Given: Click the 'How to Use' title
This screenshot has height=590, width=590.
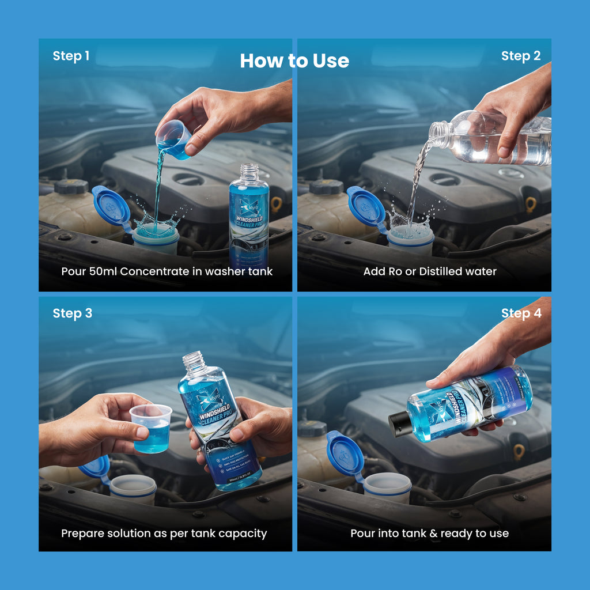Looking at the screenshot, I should tap(294, 60).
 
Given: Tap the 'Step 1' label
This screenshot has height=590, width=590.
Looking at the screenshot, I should tap(71, 56).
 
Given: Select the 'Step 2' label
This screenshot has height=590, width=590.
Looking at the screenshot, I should tap(521, 56).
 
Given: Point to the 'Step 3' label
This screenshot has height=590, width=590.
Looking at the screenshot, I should tap(72, 313).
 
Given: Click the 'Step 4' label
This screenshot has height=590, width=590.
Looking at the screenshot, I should tap(521, 313).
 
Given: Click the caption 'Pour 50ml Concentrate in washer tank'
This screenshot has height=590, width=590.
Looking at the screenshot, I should tap(167, 271).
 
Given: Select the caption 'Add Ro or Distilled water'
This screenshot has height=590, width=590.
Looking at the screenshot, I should tap(430, 271).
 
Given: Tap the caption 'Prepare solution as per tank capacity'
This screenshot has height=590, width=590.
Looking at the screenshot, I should tap(164, 533).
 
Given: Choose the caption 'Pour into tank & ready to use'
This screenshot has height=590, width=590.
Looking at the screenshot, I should tap(430, 533).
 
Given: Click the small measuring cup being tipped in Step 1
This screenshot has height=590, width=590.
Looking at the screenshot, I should tap(173, 139).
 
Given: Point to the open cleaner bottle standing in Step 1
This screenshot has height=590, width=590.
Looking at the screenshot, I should tap(249, 213).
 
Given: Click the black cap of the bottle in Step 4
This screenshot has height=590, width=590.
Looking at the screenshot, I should tap(398, 424).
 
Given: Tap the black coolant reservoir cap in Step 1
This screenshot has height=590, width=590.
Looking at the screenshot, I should tap(71, 186).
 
